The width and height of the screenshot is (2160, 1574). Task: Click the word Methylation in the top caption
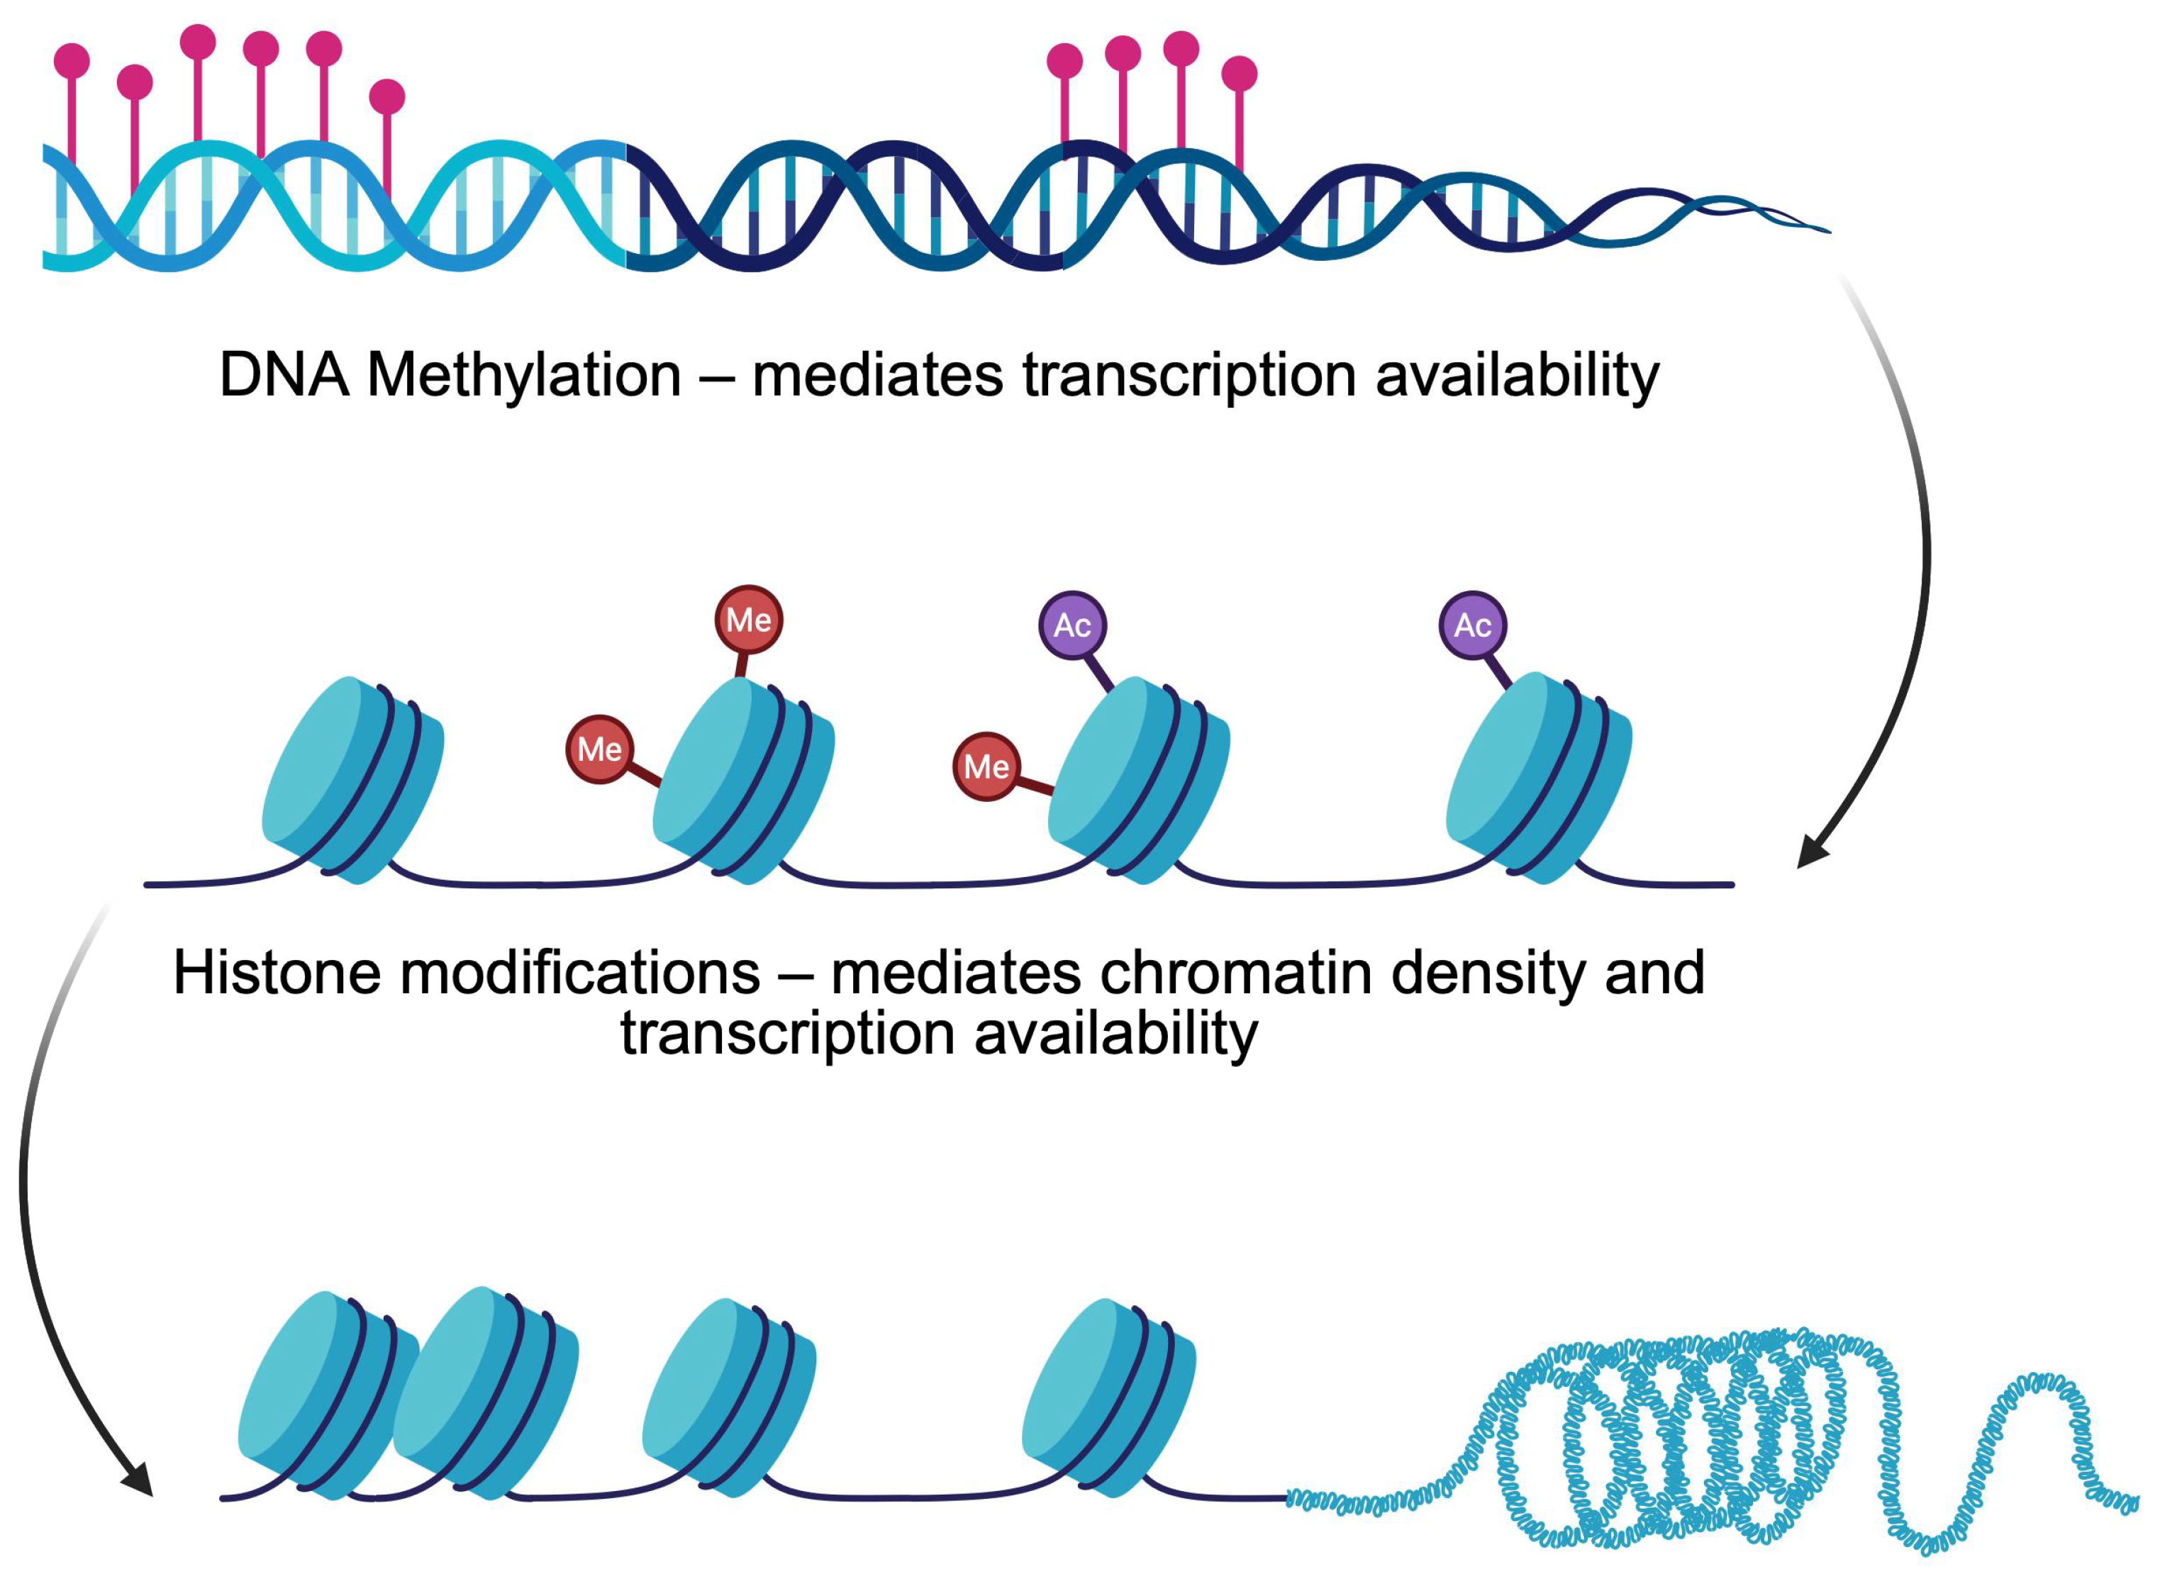tap(523, 375)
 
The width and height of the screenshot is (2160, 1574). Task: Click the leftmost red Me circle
tap(599, 749)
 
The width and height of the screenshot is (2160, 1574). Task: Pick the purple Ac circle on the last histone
tap(1472, 625)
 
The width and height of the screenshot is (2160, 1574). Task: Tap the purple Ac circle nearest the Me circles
tap(1072, 625)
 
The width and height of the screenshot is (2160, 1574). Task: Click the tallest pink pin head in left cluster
tap(198, 42)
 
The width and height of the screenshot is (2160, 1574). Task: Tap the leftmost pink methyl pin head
tap(72, 61)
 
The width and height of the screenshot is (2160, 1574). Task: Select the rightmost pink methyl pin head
tap(1239, 73)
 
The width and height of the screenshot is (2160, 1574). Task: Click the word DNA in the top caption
tap(283, 375)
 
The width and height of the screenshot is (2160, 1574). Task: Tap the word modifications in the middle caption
tap(579, 973)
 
